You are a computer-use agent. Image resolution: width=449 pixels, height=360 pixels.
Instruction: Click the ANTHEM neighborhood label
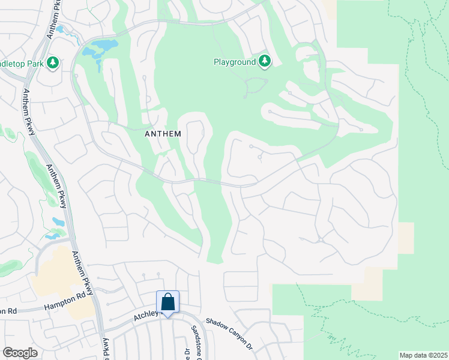click(163, 134)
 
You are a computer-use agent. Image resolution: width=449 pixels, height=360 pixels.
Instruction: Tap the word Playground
click(235, 61)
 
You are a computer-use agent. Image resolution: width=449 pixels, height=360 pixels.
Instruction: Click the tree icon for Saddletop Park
click(53, 62)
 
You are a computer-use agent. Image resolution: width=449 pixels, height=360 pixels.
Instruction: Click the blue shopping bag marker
click(168, 302)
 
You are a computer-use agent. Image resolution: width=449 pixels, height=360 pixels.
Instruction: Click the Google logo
click(20, 352)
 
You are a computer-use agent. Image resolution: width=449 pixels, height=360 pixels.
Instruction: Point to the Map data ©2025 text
click(423, 355)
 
